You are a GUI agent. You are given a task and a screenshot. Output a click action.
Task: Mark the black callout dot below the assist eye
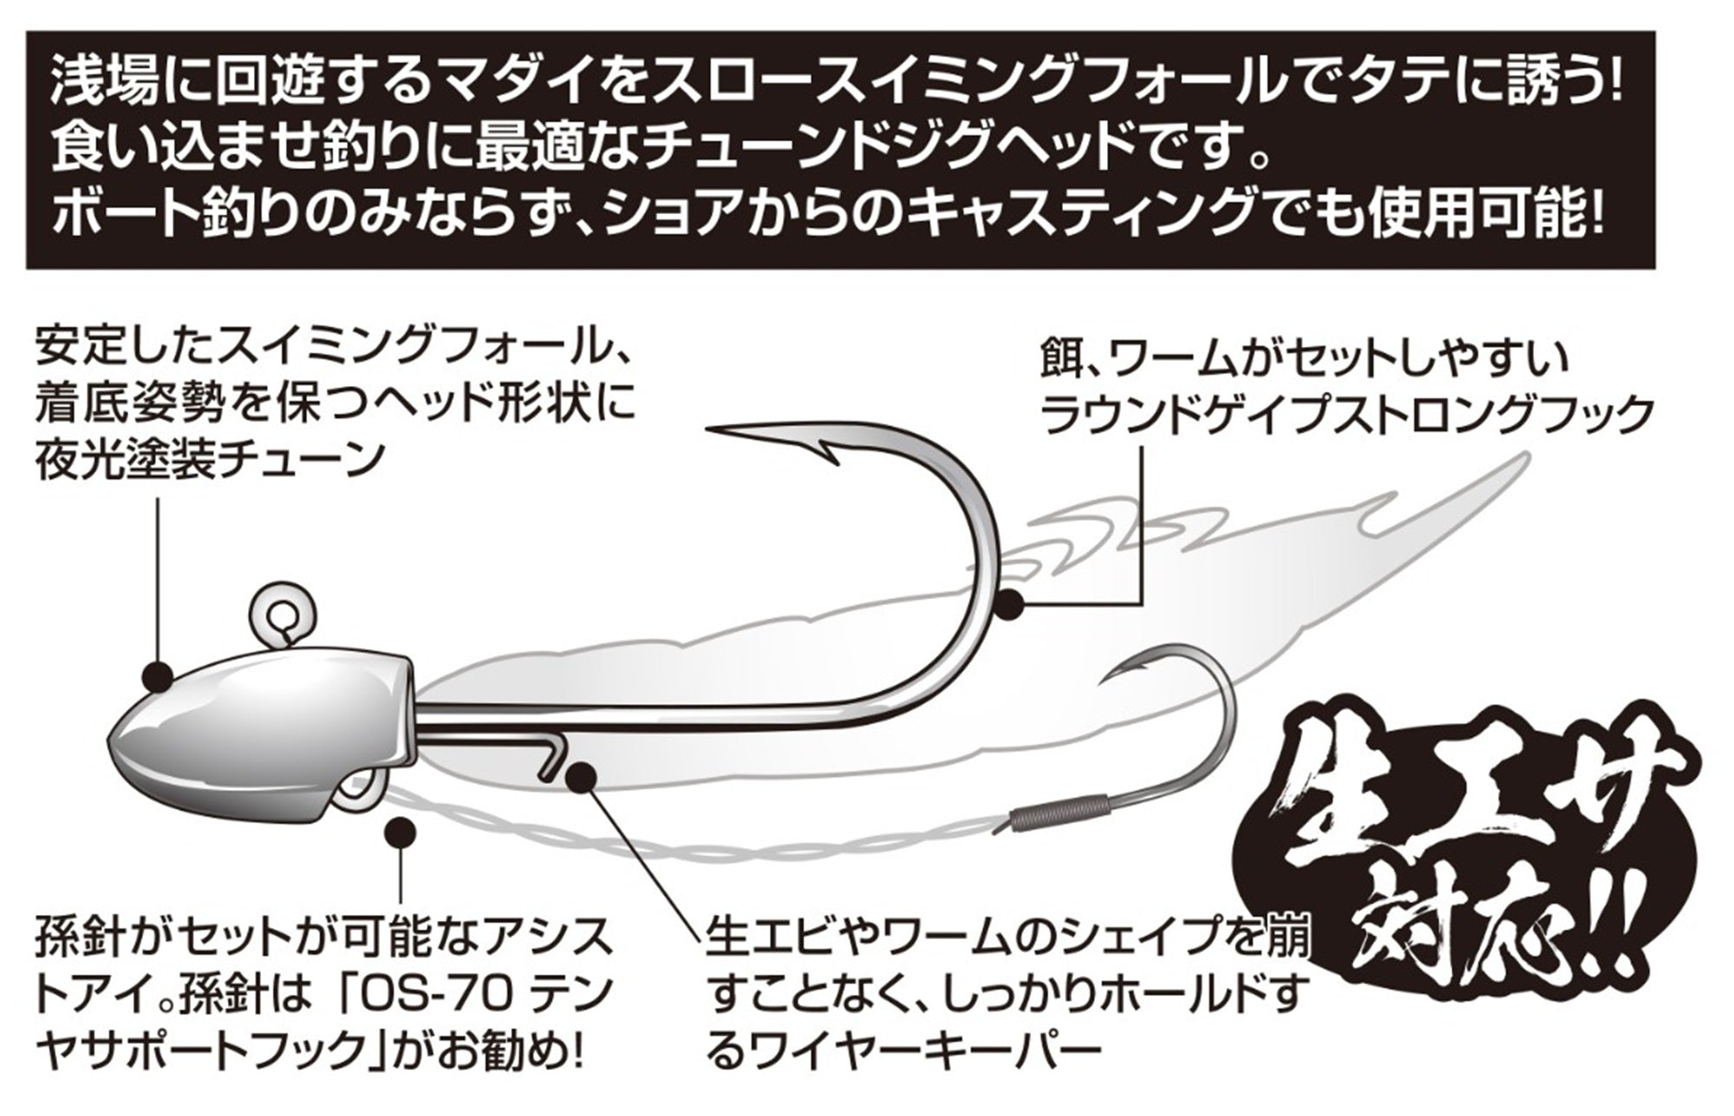coord(400,832)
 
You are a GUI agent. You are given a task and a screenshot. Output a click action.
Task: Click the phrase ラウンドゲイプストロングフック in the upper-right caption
coord(1340,413)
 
